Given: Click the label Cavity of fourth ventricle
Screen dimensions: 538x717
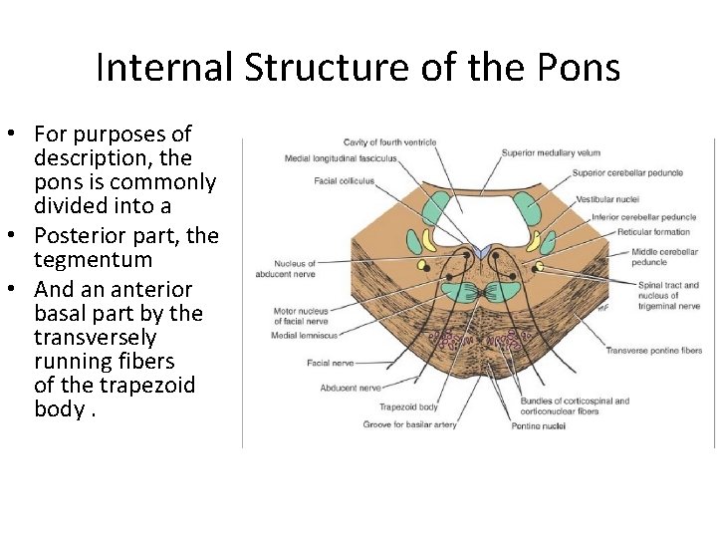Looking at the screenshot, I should [x=389, y=142].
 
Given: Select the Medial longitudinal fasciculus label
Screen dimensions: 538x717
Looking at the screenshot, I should [x=341, y=158].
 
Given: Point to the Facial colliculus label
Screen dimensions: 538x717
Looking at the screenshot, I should [x=344, y=181].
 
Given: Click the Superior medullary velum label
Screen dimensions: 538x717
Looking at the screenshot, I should [x=551, y=153].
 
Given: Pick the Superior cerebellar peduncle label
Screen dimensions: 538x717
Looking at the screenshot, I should [x=627, y=173].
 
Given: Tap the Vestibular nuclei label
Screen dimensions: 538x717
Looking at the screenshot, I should [x=606, y=200].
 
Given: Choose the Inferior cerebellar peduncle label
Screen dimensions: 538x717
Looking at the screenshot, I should [x=643, y=217].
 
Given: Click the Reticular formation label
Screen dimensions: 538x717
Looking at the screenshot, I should [x=625, y=232].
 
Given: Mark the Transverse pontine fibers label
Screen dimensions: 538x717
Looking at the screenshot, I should [x=654, y=351].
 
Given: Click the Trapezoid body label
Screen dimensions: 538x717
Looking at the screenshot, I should [x=408, y=406].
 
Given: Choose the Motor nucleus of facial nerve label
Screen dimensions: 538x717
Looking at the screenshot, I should [x=301, y=317].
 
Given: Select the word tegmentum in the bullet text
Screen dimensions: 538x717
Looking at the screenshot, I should [x=93, y=260].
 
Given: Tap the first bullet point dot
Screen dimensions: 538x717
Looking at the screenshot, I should [x=20, y=134].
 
